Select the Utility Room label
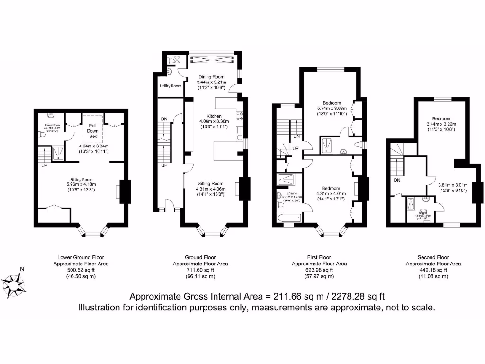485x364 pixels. coord(171,86)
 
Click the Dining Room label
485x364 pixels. coord(211,77)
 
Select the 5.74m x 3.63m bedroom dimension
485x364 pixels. coord(332,108)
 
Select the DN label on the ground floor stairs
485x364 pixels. coord(164,119)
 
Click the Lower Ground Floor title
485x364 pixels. coord(81,257)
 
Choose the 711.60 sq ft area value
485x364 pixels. coord(200,270)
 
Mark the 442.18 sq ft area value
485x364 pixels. coord(433,270)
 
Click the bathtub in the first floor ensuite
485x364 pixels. coord(288,218)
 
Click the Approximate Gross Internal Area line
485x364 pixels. coord(257,297)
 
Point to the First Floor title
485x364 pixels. coord(319,257)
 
